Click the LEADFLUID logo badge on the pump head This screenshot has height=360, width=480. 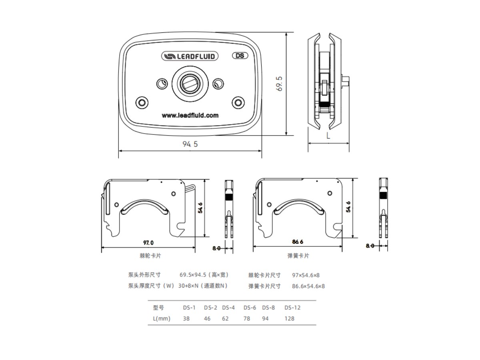click(190, 56)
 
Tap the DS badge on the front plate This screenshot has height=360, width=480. click(240, 56)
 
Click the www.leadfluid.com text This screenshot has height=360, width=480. click(190, 115)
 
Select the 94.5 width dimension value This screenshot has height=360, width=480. click(190, 144)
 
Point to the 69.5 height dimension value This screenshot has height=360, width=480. click(279, 84)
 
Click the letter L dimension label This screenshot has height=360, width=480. click(328, 136)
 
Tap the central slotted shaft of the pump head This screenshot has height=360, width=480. click(190, 83)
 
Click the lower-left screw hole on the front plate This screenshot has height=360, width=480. click(142, 102)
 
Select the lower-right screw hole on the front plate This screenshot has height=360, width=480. click(238, 102)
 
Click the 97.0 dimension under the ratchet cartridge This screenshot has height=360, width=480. click(148, 243)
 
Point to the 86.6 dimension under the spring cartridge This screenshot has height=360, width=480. click(298, 242)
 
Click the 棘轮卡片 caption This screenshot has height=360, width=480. click(150, 256)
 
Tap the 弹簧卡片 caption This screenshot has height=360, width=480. click(298, 256)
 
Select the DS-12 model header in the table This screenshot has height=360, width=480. click(292, 308)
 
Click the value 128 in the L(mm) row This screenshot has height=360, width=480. click(289, 319)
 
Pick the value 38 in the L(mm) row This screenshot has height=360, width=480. click(186, 319)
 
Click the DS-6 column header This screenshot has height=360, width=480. click(250, 308)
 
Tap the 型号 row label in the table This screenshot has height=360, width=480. click(158, 308)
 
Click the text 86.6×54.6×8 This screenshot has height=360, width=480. click(308, 286)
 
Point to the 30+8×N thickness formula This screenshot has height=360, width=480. click(188, 286)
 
